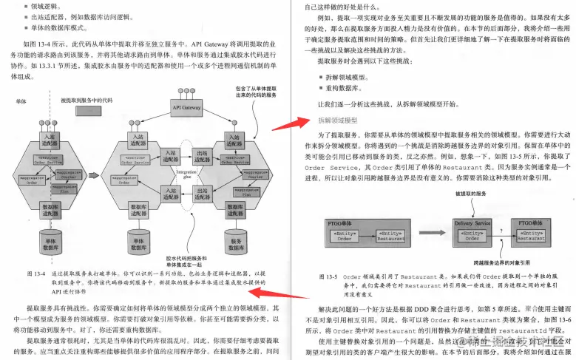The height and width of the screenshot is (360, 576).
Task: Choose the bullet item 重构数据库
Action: click(336, 88)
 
